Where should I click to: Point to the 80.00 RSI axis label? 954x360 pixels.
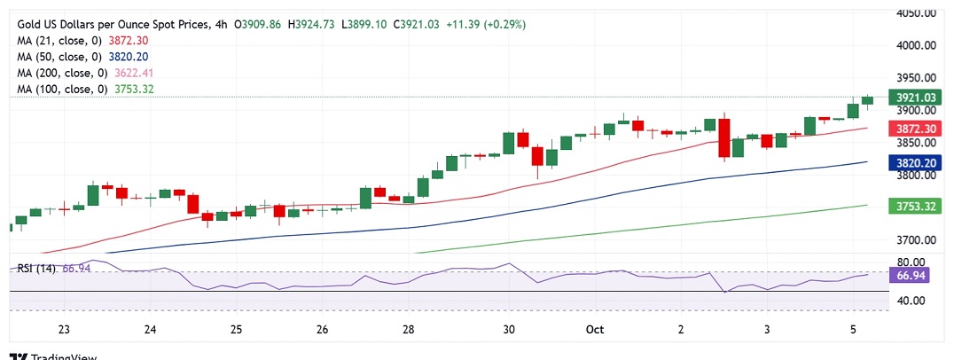911,262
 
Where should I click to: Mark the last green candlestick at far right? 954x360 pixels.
867,100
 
